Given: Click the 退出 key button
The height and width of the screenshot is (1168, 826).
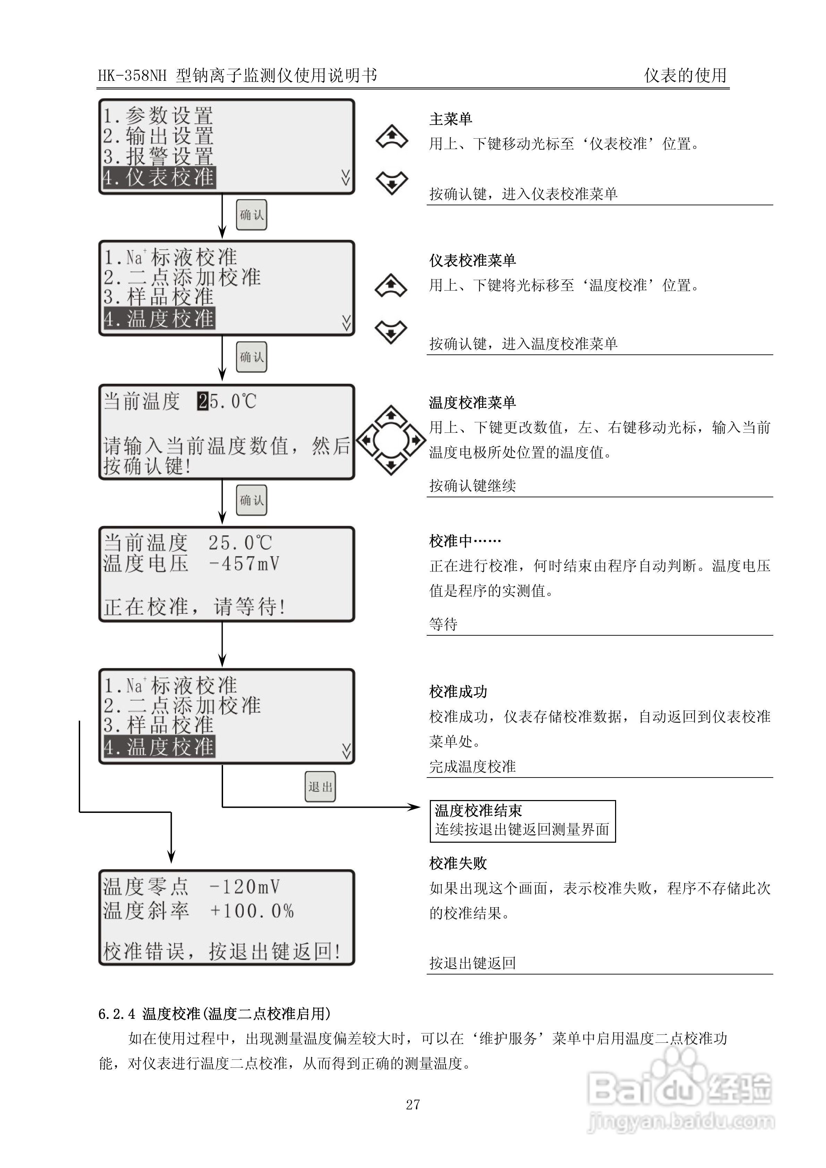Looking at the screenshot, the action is (x=320, y=787).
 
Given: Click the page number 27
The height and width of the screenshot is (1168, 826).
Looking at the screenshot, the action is (x=413, y=1104).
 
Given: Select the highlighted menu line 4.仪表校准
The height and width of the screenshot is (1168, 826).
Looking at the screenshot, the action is (x=159, y=178).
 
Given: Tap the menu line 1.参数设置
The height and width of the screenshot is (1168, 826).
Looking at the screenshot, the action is (x=158, y=116).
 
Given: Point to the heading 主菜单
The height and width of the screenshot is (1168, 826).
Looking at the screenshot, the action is (x=450, y=119).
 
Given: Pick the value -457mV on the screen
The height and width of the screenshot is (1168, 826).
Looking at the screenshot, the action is (x=244, y=564).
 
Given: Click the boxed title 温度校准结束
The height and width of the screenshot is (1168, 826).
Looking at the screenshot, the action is (x=478, y=810).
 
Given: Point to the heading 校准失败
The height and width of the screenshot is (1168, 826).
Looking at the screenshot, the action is (x=458, y=863).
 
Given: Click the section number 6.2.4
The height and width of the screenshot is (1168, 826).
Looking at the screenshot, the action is (x=117, y=1014).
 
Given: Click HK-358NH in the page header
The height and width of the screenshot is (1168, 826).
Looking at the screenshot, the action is (x=132, y=76).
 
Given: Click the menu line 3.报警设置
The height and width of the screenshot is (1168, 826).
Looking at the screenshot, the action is (x=158, y=157).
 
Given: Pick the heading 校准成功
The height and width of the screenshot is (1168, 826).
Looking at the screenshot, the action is (x=458, y=692).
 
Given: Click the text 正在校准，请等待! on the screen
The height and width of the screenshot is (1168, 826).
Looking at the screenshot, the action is (x=195, y=607).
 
